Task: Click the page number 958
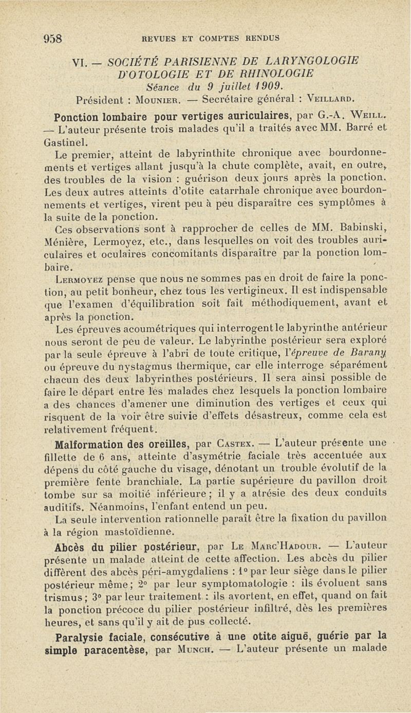click(x=52, y=38)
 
